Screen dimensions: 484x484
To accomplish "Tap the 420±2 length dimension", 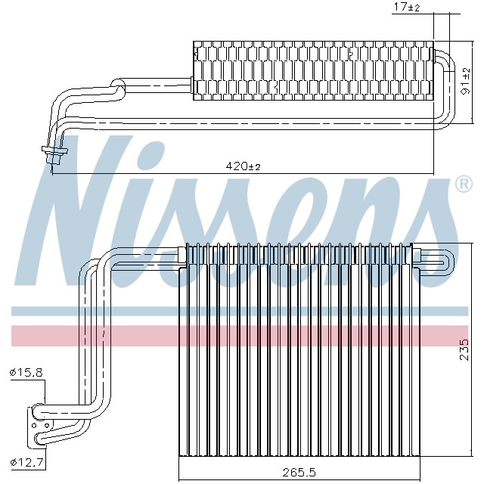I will click(x=243, y=166).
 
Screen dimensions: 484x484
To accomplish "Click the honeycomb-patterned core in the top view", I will click(x=313, y=70).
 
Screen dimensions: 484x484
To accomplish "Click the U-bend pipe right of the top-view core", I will click(x=445, y=87).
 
